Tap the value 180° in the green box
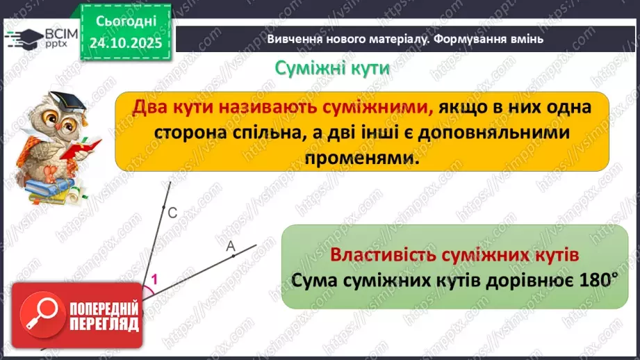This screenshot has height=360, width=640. (600, 281)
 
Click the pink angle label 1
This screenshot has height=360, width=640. (154, 280)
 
